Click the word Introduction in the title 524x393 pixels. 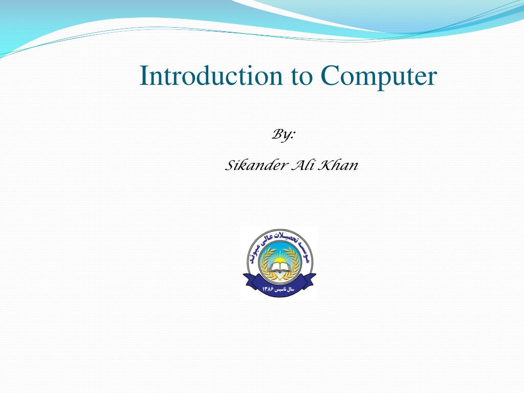click(211, 76)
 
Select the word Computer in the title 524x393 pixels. click(379, 77)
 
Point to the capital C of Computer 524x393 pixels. click(330, 76)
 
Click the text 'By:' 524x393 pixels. click(283, 135)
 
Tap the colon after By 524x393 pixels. click(294, 136)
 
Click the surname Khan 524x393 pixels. click(338, 166)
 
